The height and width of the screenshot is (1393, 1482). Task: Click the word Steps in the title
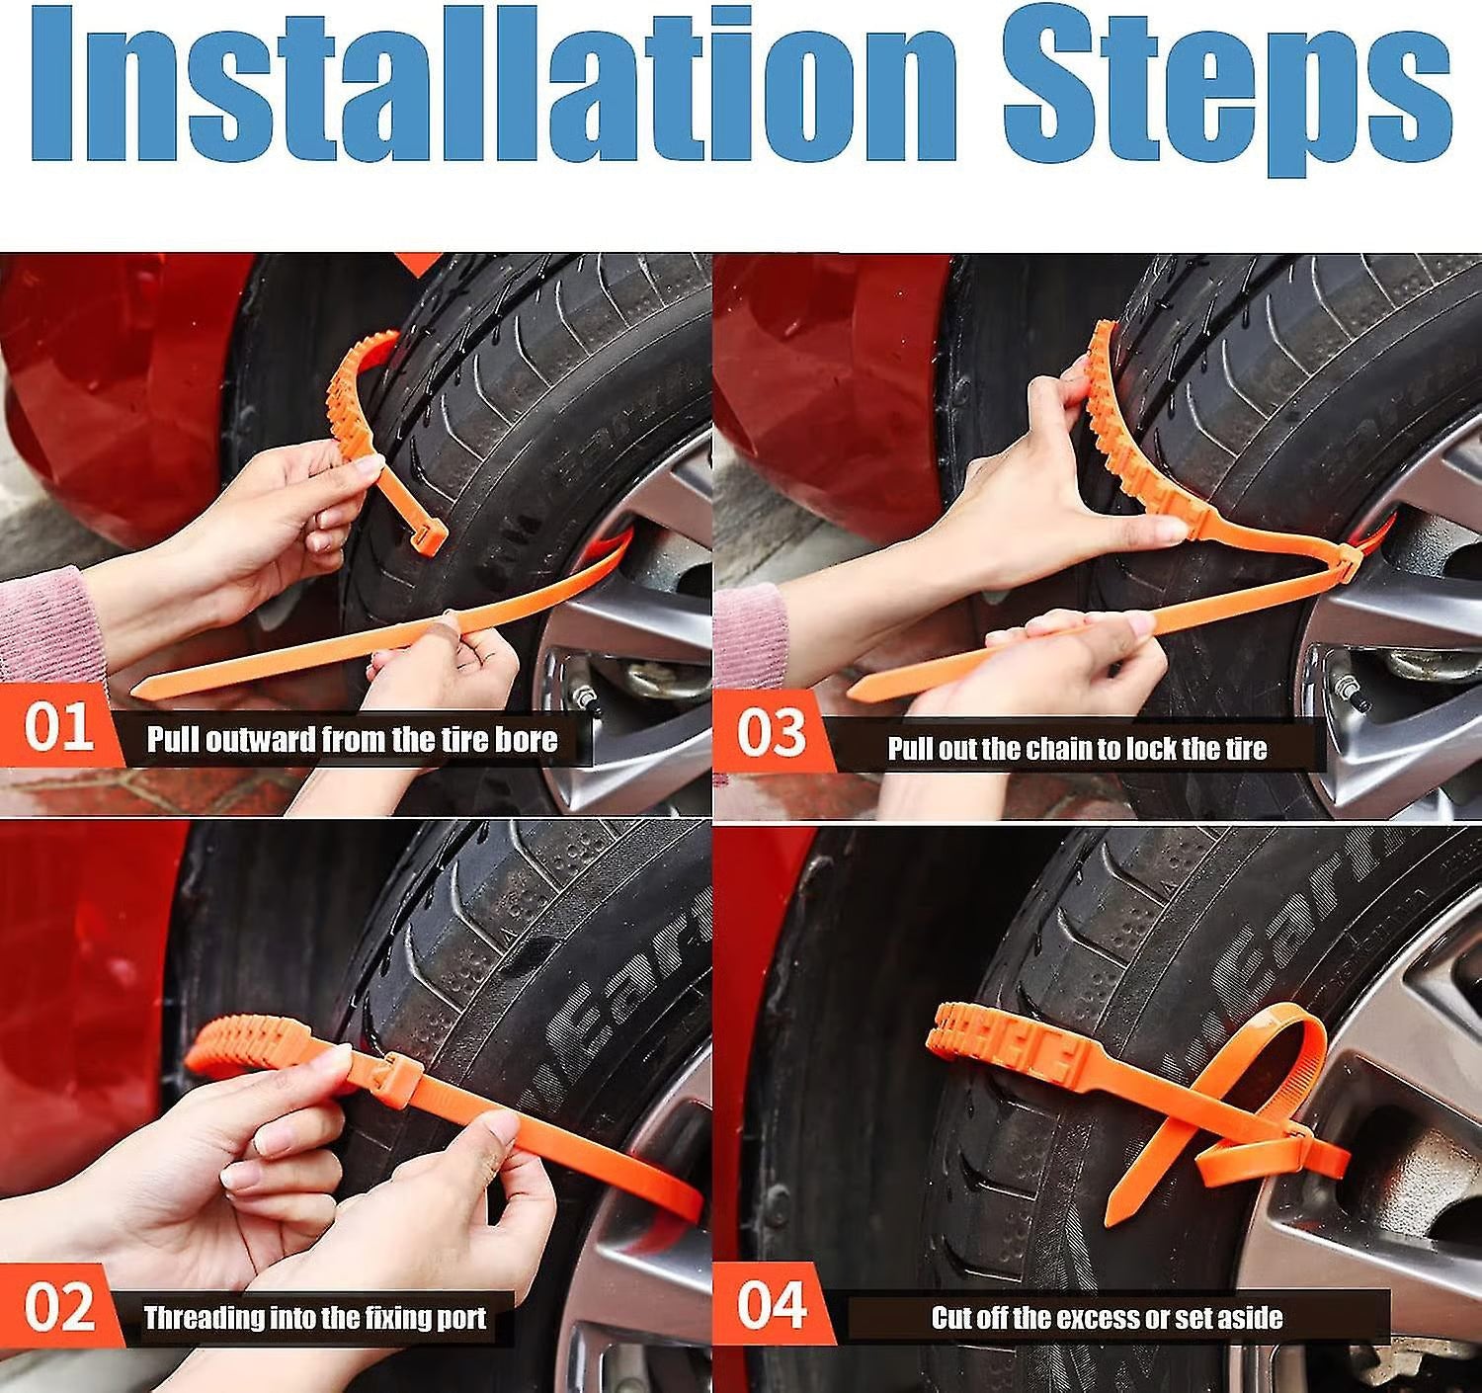tap(1225, 94)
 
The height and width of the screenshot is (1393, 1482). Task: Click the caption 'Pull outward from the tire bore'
tap(352, 740)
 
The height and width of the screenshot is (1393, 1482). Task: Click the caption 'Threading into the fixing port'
tap(315, 1318)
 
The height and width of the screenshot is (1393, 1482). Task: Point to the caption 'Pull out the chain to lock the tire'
tap(1077, 749)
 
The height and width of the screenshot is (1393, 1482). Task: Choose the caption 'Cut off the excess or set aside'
tap(1107, 1318)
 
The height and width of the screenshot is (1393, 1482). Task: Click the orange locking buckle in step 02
tap(393, 1070)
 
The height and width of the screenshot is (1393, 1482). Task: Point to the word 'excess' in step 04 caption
tap(1097, 1318)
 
